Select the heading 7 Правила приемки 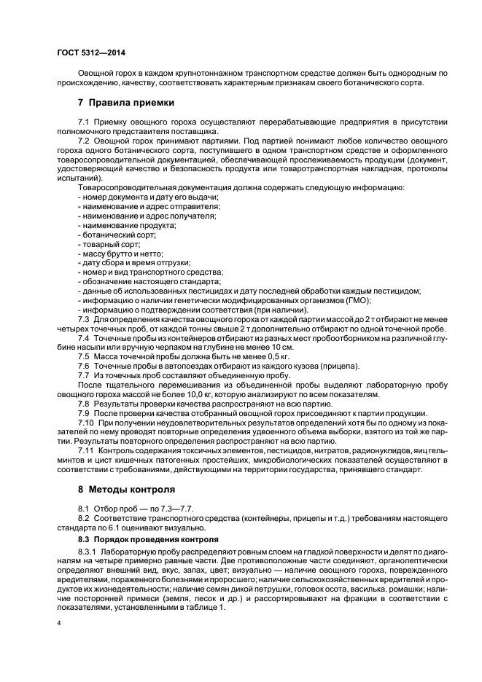click(x=125, y=103)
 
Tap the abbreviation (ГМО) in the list click(x=357, y=300)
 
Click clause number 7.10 click(x=86, y=423)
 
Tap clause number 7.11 click(x=85, y=451)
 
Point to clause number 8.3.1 click(x=88, y=554)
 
